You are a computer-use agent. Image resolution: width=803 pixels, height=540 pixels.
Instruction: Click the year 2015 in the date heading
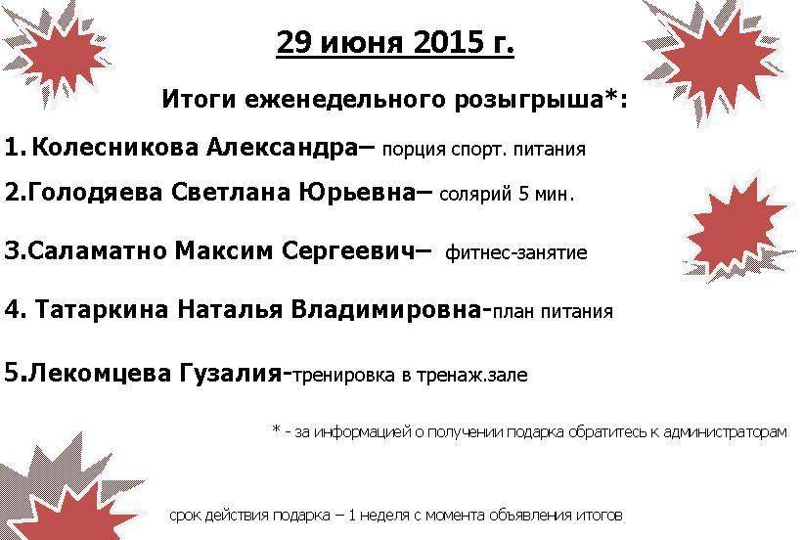pos(444,42)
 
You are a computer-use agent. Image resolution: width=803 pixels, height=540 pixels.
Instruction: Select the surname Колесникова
pos(114,148)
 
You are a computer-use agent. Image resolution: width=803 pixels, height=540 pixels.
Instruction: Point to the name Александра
pos(282,148)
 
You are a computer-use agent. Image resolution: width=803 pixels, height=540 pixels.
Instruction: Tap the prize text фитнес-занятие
pos(516,252)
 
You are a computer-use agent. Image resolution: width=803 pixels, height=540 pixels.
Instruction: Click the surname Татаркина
pos(102,310)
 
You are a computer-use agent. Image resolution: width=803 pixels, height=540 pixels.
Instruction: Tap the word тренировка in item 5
pos(344,376)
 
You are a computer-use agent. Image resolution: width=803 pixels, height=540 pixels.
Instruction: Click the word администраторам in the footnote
pos(725,432)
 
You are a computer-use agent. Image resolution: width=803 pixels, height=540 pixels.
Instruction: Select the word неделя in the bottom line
pos(384,515)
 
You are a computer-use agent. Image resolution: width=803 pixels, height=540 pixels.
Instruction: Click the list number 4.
pos(14,310)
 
